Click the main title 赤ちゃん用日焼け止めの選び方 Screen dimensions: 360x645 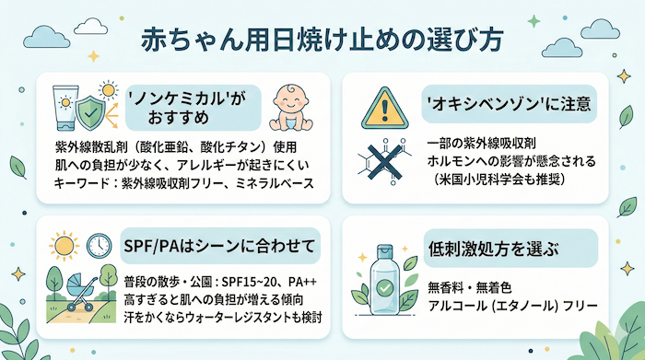coord(322,41)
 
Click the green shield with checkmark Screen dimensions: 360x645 coord(89,113)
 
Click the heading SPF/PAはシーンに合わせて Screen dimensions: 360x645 coord(218,246)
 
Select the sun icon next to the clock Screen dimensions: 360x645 coord(64,248)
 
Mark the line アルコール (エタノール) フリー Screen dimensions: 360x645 coord(506,305)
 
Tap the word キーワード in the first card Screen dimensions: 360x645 coord(78,184)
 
